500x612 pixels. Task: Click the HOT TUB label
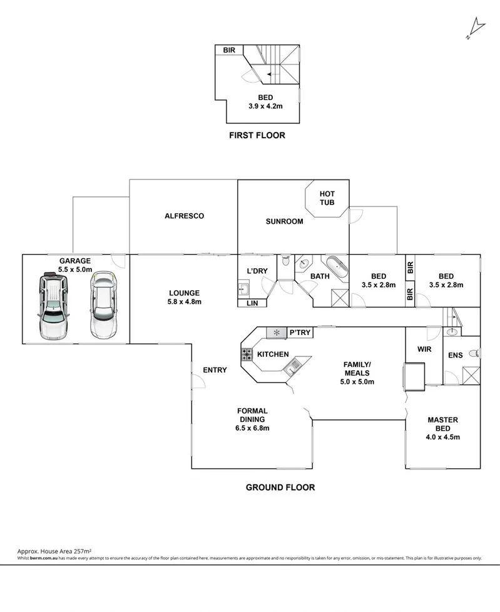point(327,198)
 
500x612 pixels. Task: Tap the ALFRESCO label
point(184,216)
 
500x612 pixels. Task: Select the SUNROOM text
point(284,221)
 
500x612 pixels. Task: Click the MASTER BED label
point(444,424)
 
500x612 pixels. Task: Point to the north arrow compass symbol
point(476,28)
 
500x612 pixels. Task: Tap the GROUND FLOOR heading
point(280,487)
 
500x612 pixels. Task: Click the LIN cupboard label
point(252,303)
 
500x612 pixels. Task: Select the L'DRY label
point(257,271)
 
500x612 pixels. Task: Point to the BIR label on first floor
point(228,50)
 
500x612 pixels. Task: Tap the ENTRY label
point(215,370)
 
